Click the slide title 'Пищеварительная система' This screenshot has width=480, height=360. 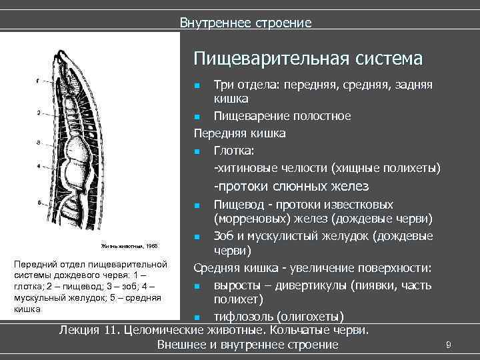pyautogui.click(x=308, y=59)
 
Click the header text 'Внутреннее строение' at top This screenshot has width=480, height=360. pyautogui.click(x=245, y=23)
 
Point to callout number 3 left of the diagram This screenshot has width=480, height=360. pyautogui.click(x=39, y=143)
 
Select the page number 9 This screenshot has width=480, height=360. pyautogui.click(x=449, y=344)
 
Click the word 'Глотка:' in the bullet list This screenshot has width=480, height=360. pyautogui.click(x=233, y=151)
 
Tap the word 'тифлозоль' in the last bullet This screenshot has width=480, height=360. pyautogui.click(x=243, y=315)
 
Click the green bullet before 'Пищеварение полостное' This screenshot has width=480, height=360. pyautogui.click(x=198, y=117)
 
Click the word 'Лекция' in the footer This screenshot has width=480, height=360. pyautogui.click(x=81, y=330)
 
